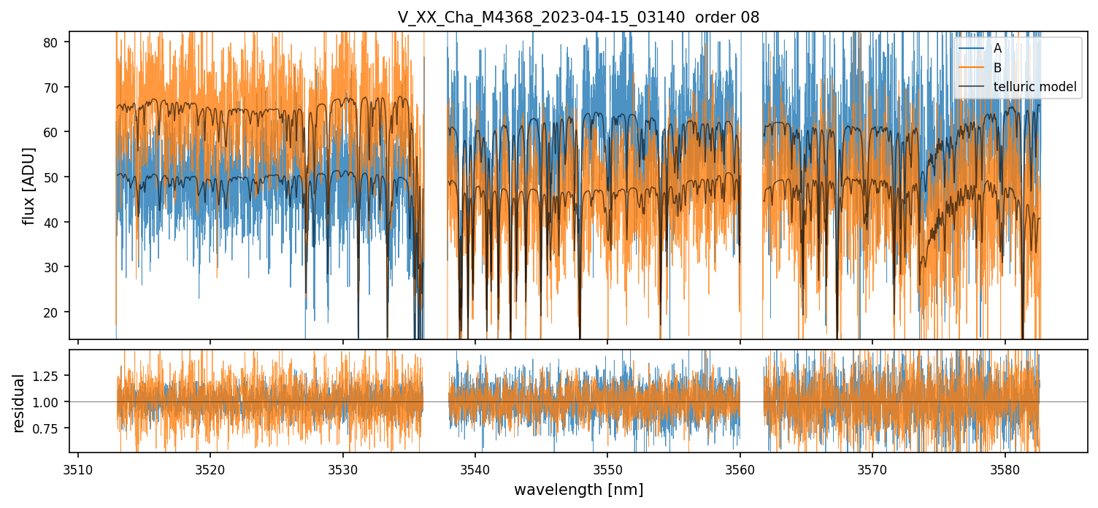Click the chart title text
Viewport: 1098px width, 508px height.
pos(578,18)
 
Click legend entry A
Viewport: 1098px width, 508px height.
pos(997,49)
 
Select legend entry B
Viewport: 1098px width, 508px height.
pos(997,68)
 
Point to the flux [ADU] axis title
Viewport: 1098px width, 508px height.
pos(29,185)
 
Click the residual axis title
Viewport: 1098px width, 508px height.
pos(19,402)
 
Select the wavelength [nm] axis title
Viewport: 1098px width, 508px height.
pos(578,490)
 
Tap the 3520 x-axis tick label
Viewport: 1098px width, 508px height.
pos(210,469)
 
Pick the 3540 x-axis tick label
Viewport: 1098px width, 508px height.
pos(475,469)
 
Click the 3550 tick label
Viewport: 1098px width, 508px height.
pos(607,469)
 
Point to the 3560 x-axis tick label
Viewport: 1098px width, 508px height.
pos(740,469)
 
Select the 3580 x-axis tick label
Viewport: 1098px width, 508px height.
pos(1005,469)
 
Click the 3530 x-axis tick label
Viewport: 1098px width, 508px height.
pos(343,469)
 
